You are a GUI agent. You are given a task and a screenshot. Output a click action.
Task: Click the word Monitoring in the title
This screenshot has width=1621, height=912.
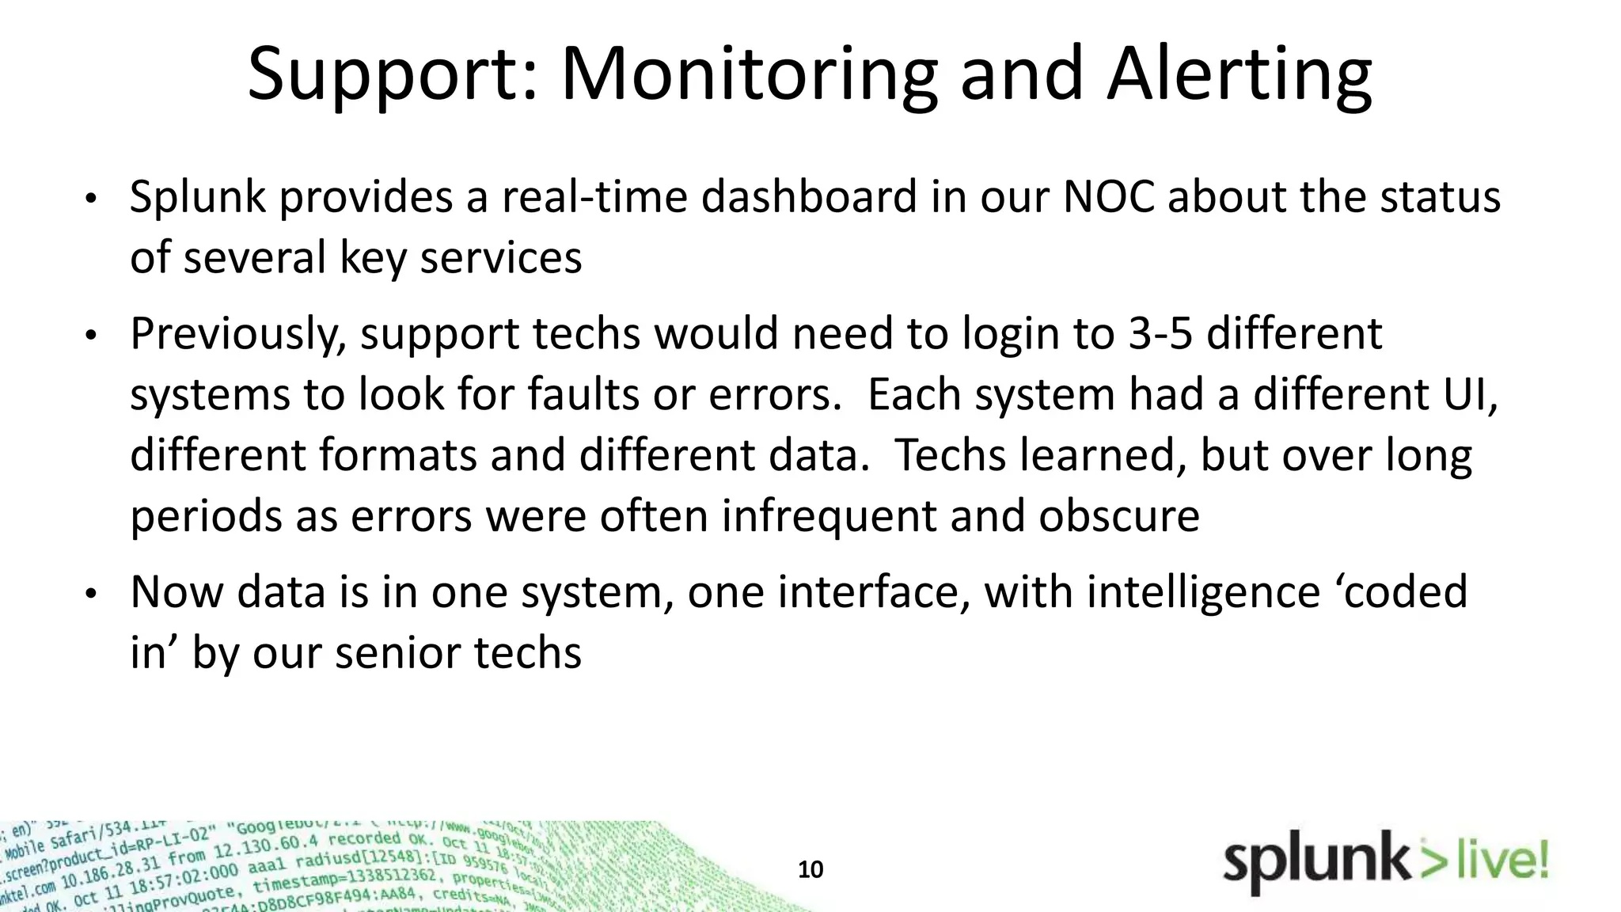point(749,75)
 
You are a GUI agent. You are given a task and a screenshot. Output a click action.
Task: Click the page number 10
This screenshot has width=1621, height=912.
point(810,870)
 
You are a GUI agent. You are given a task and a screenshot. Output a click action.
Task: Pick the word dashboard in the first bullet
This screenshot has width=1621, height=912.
point(808,197)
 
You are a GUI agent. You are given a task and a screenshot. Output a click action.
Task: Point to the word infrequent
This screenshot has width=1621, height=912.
point(829,516)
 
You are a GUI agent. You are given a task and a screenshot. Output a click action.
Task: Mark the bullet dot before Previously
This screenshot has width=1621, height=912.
point(91,336)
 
